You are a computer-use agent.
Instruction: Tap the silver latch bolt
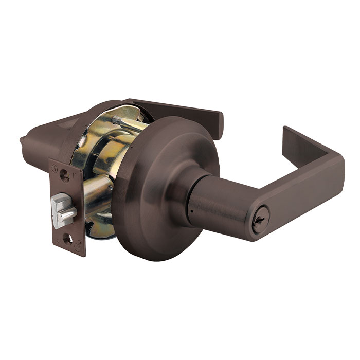[65, 212]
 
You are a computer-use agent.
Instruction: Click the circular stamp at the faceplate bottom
[79, 248]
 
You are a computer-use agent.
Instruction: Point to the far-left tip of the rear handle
[22, 140]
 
